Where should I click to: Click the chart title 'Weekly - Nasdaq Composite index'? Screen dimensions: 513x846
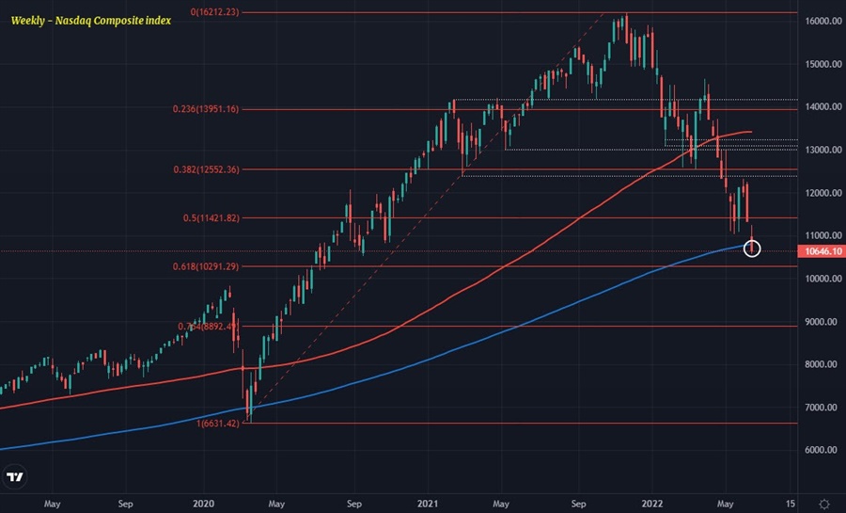[x=91, y=20]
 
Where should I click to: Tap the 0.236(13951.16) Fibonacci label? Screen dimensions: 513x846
[x=205, y=109]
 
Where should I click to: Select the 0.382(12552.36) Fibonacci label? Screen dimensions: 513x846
[x=205, y=169]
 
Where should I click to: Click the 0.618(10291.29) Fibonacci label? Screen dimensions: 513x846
[x=205, y=266]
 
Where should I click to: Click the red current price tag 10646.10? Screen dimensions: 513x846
[x=821, y=251]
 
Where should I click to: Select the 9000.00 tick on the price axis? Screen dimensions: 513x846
[x=821, y=322]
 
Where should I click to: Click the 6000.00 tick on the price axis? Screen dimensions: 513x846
[x=821, y=450]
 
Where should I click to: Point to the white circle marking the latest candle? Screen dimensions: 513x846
[x=751, y=248]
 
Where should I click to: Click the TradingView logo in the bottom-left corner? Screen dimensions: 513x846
[x=14, y=478]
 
